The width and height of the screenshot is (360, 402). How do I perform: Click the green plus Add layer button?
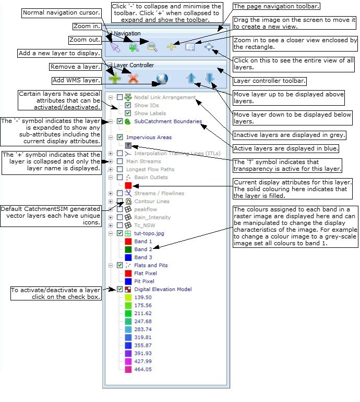click(x=114, y=79)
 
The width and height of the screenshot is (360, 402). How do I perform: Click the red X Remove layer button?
click(x=134, y=79)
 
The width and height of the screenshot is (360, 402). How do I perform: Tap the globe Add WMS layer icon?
click(x=162, y=79)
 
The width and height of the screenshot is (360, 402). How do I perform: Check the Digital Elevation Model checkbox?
click(x=121, y=289)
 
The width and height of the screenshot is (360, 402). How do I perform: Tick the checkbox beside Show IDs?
click(x=128, y=105)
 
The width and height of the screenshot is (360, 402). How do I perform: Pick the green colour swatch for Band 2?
click(x=128, y=249)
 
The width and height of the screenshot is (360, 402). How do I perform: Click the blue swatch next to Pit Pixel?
click(x=128, y=281)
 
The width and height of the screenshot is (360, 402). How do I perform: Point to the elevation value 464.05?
click(x=143, y=369)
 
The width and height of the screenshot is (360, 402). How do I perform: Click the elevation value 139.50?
click(x=143, y=297)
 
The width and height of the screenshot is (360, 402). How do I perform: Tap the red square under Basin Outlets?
click(x=128, y=185)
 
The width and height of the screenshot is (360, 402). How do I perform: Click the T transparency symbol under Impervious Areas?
click(x=128, y=145)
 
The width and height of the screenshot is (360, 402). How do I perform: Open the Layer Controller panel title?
click(x=134, y=65)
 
